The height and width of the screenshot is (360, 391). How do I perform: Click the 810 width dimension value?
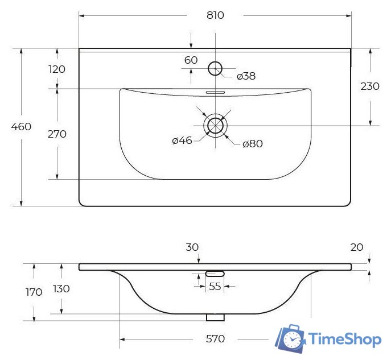[215, 15]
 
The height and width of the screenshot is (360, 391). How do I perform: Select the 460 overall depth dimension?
[22, 126]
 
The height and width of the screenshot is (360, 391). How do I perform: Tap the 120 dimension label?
[57, 69]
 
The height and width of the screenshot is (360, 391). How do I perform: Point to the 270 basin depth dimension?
[57, 134]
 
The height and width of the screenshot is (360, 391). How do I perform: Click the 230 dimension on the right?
[370, 86]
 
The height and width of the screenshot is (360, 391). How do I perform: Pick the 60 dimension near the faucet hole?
[191, 60]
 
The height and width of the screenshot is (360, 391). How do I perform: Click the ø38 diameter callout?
[246, 76]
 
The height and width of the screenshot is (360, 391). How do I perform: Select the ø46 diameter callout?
[182, 140]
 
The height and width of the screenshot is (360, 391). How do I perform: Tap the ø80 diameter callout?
[252, 144]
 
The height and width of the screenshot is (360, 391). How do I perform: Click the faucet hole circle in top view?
[215, 68]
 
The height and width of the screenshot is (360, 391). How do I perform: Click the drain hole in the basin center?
[215, 125]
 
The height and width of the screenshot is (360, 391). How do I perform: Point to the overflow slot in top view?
[215, 92]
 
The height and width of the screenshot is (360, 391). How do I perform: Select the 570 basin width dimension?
[215, 339]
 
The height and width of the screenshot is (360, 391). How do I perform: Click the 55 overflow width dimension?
[215, 287]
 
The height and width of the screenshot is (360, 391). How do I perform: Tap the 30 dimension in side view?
[192, 247]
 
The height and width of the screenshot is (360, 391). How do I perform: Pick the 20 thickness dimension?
[357, 247]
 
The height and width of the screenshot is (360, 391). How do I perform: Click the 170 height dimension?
[34, 292]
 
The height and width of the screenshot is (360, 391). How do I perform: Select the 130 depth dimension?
[61, 288]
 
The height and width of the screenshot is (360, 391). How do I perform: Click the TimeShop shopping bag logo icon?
[290, 340]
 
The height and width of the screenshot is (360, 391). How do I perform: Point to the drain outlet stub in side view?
[215, 317]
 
